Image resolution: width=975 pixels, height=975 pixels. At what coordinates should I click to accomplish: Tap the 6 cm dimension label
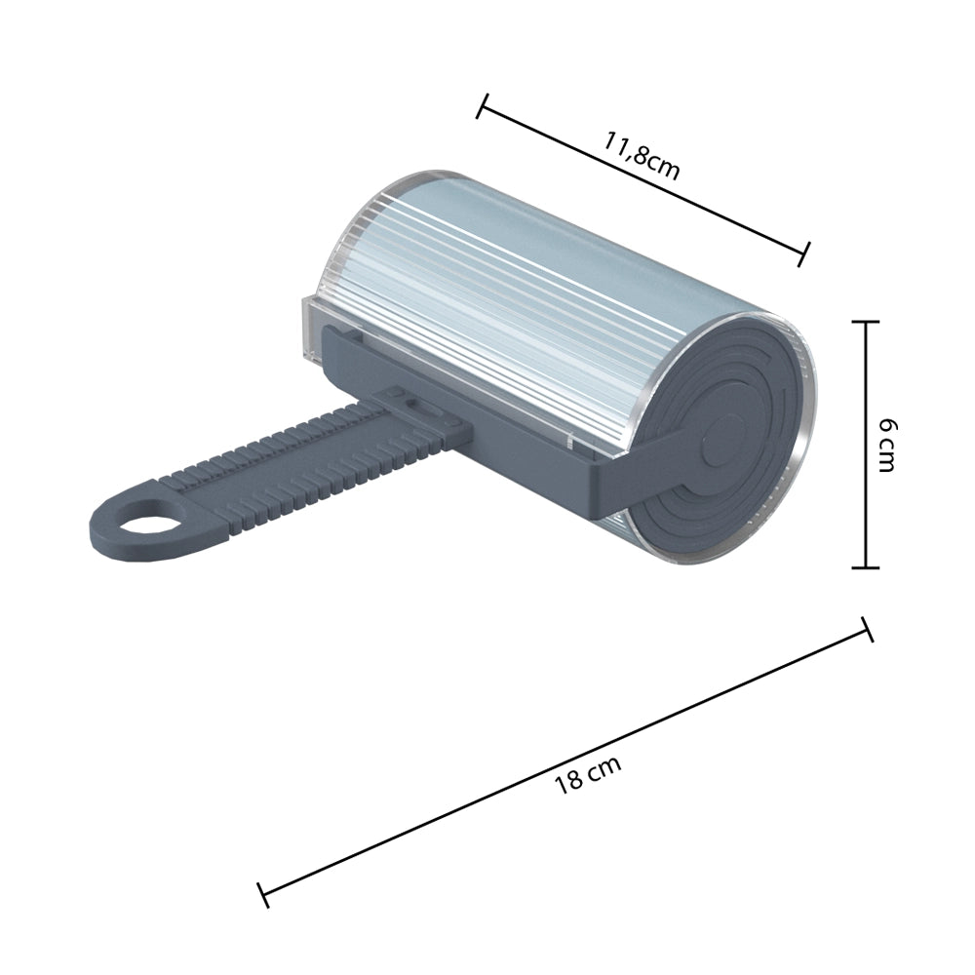pyautogui.click(x=885, y=444)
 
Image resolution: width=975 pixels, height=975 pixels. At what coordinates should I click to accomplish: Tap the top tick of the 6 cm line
pyautogui.click(x=866, y=321)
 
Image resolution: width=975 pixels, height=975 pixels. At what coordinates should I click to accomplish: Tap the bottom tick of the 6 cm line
pyautogui.click(x=866, y=567)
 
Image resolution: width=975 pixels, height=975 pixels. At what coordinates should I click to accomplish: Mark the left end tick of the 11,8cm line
pyautogui.click(x=482, y=105)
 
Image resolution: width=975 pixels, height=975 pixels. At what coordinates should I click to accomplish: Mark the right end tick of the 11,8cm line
pyautogui.click(x=804, y=254)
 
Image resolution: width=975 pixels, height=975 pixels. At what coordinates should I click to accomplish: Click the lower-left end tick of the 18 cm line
pyautogui.click(x=262, y=894)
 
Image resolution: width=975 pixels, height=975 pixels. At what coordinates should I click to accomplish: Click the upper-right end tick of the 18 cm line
pyautogui.click(x=866, y=630)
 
